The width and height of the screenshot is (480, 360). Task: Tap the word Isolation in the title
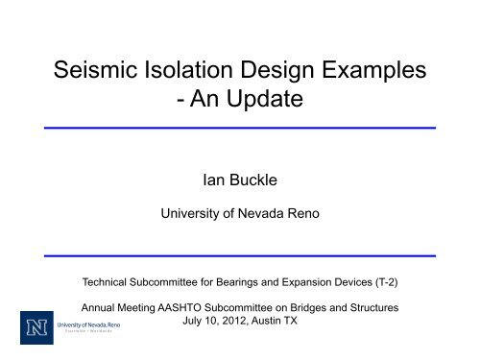pyautogui.click(x=206, y=70)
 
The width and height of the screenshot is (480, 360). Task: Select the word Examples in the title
pyautogui.click(x=372, y=70)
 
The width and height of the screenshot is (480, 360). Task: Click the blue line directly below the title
pyautogui.click(x=240, y=128)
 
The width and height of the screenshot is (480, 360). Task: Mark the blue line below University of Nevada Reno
pyautogui.click(x=240, y=255)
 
